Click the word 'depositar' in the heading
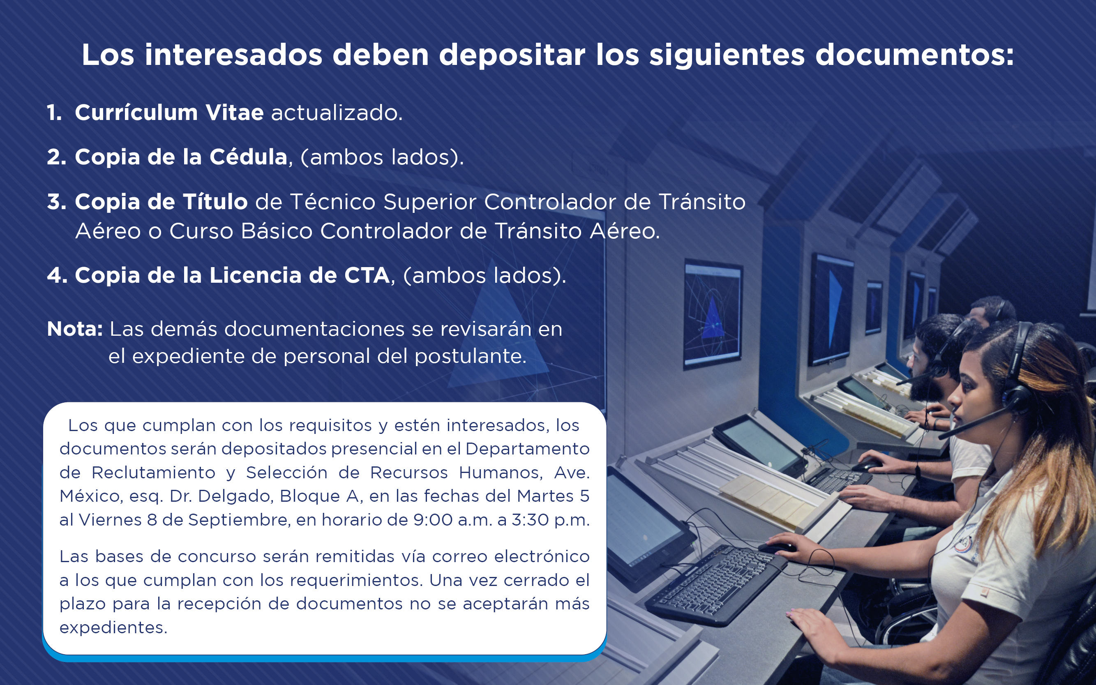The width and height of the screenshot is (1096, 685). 512,56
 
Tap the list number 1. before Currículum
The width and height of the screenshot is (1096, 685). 54,112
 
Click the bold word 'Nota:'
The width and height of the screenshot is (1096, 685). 75,329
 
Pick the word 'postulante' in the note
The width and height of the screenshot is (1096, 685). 471,356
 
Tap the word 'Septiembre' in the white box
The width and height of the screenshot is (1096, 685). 239,520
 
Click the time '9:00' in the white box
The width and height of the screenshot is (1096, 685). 433,520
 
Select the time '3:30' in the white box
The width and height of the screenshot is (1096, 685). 531,520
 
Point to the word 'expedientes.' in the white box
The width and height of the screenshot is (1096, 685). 113,628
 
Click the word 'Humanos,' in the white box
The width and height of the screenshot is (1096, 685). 501,473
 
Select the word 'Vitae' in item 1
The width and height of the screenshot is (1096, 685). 234,112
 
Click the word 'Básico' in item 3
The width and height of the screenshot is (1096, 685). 277,231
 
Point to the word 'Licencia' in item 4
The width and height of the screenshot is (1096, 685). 256,275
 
